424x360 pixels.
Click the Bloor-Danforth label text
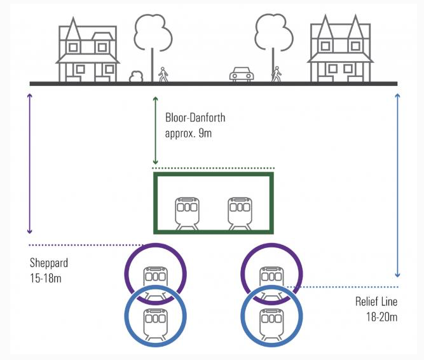point(195,118)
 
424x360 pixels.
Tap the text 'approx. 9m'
point(188,134)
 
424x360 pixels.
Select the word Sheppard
point(49,263)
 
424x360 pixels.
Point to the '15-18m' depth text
point(46,279)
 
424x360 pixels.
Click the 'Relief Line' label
point(376,301)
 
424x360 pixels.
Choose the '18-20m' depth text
point(382,317)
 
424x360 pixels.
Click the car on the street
point(242,74)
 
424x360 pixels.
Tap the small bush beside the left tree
point(136,76)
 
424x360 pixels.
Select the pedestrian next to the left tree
point(163,74)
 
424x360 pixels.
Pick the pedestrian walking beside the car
point(277,74)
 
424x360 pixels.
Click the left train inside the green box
point(187,214)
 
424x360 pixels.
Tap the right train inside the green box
point(240,214)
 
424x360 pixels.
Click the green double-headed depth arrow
point(155,130)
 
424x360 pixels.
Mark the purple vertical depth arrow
point(30,163)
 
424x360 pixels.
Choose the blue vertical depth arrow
point(397,185)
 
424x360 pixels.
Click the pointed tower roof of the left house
point(73,29)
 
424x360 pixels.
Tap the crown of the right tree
point(273,32)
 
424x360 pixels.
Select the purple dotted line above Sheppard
point(86,245)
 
